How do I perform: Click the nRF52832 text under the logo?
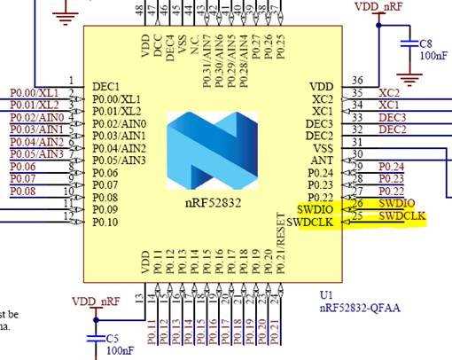pyautogui.click(x=214, y=202)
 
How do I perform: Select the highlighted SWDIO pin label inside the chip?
pyautogui.click(x=316, y=209)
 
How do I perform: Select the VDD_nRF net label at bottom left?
pyautogui.click(x=95, y=301)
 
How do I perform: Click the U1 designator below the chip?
pyautogui.click(x=326, y=293)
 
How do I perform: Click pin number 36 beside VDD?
pyautogui.click(x=357, y=81)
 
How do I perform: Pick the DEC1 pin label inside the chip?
pyautogui.click(x=108, y=86)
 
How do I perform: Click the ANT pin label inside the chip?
pyautogui.click(x=321, y=160)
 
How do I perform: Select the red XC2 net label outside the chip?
pyautogui.click(x=389, y=92)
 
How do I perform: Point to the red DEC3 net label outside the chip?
pyautogui.click(x=392, y=117)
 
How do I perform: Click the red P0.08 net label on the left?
pyautogui.click(x=23, y=191)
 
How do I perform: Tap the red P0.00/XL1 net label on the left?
pyautogui.click(x=34, y=92)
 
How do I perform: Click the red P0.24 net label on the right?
pyautogui.click(x=391, y=167)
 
